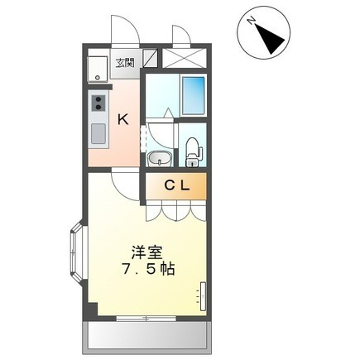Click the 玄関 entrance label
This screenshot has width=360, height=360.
(125, 63)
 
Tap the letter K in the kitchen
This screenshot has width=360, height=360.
(123, 120)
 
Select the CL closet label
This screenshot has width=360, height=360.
(177, 186)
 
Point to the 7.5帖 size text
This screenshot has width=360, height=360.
(148, 269)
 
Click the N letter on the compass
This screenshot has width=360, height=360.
(252, 21)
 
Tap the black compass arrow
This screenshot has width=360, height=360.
(270, 39)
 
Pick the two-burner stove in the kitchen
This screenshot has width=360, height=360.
(98, 103)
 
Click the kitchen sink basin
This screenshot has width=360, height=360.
(98, 133)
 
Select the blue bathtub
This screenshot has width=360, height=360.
(194, 95)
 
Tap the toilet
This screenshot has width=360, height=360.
(192, 152)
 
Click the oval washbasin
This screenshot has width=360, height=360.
(160, 159)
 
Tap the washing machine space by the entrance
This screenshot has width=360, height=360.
(98, 69)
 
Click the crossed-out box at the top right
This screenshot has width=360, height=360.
(184, 58)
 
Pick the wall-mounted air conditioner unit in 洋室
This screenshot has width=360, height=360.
(203, 296)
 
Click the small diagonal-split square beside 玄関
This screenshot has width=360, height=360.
(151, 58)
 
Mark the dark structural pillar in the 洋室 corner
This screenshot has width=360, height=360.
(91, 310)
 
